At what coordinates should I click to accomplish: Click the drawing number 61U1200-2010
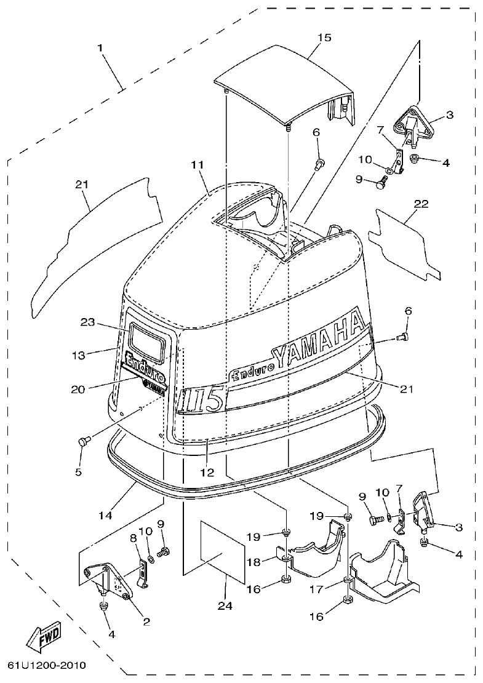click(47, 666)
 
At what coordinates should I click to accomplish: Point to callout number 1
click(100, 47)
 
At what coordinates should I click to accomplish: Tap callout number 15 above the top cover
click(324, 38)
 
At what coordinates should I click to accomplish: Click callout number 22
click(421, 204)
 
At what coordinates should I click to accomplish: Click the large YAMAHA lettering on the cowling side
click(317, 341)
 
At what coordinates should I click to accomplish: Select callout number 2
click(146, 621)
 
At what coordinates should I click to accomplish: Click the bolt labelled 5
click(85, 440)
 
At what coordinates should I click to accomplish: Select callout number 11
click(196, 165)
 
